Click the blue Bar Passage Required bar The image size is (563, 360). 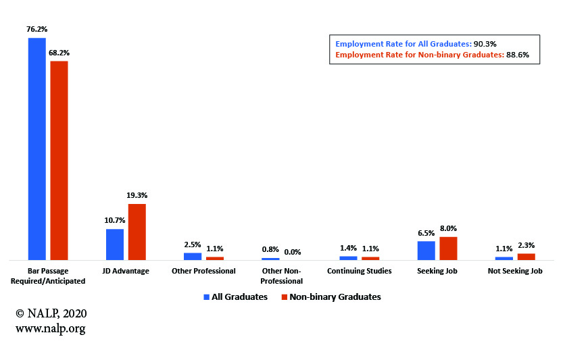click(36, 149)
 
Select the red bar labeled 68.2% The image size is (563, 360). click(59, 160)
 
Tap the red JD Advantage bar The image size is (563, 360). click(137, 232)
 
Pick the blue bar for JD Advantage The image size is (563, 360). click(115, 244)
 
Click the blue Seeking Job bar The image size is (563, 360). click(426, 250)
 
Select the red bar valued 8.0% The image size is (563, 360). click(448, 248)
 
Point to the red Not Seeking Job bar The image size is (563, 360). click(526, 256)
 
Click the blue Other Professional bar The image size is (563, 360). click(193, 256)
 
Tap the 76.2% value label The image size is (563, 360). click(36, 29)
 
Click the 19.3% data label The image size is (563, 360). click(137, 195)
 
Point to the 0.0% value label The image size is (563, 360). click(293, 251)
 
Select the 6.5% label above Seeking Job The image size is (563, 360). click(426, 233)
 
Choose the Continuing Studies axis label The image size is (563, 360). click(359, 271)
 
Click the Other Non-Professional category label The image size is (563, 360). click(282, 276)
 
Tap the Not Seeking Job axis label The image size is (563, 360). click(515, 271)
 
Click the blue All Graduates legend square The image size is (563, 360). click(207, 297)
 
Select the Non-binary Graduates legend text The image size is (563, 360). click(335, 297)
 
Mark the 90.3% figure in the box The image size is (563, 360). click(487, 44)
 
